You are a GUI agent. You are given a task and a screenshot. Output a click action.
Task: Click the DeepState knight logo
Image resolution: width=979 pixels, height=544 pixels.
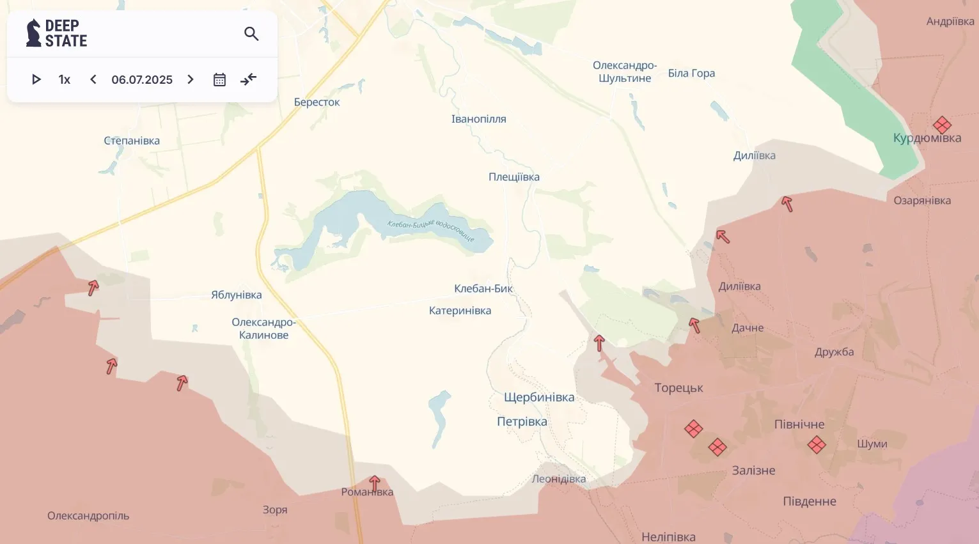[33, 33]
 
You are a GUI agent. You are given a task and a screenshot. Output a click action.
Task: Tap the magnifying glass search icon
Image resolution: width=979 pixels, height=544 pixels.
[251, 34]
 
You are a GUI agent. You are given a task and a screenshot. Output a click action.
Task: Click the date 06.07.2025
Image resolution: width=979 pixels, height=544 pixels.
[142, 80]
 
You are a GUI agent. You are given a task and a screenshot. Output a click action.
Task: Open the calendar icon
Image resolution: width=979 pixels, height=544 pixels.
[219, 80]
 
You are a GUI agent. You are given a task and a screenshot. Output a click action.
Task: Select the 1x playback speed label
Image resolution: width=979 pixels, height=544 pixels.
[64, 80]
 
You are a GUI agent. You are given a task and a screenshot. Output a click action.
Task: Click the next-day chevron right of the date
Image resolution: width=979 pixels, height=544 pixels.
[191, 79]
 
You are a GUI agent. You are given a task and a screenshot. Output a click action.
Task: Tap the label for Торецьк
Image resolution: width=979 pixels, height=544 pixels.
[678, 388]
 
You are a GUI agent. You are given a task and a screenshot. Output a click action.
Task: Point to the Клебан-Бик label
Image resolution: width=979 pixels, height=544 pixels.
[483, 289]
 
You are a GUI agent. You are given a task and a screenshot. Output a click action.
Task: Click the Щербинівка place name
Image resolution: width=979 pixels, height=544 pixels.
[539, 398]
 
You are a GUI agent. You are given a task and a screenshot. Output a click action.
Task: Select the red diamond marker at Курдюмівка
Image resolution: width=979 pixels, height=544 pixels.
[942, 125]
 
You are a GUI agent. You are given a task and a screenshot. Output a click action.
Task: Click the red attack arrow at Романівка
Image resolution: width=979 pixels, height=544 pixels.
[375, 483]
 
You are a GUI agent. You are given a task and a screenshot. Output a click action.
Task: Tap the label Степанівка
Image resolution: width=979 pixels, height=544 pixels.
[132, 141]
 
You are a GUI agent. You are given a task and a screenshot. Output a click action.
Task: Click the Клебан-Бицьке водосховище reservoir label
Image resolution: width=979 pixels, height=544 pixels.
[431, 231]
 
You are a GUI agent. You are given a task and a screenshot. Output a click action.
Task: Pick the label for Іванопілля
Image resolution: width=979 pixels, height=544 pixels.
[478, 120]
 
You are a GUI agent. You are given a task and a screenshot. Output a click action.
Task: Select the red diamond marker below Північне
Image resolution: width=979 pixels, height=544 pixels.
[817, 444]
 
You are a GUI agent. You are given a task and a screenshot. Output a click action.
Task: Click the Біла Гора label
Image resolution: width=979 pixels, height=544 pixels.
[691, 74]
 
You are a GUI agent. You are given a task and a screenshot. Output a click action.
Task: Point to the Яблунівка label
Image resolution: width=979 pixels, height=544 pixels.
[237, 295]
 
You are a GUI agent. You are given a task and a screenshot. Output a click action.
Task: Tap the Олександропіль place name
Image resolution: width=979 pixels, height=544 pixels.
[88, 516]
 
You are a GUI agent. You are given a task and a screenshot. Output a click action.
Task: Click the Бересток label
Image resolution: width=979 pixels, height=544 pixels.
[317, 102]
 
